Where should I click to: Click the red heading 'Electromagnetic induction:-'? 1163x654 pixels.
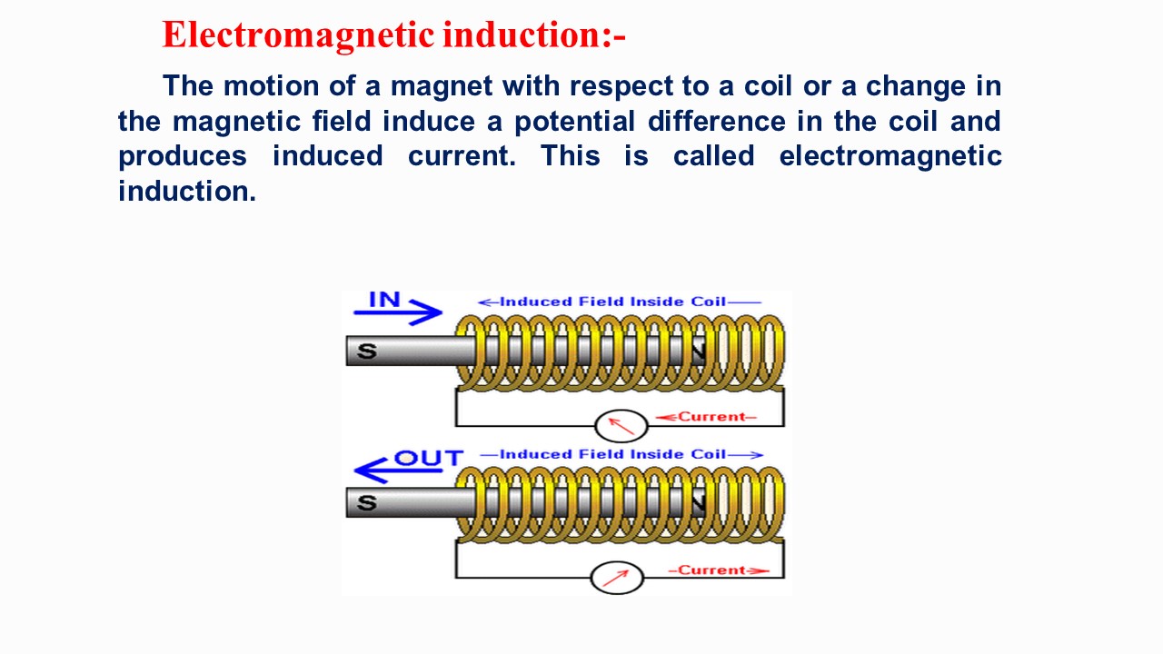tap(393, 35)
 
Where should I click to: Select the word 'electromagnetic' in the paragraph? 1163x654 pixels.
tap(890, 156)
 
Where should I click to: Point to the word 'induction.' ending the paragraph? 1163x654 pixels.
tap(187, 191)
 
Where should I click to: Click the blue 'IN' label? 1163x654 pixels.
tap(384, 299)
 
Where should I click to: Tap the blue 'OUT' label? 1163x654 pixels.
tap(428, 457)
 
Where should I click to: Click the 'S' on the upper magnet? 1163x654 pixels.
tap(366, 351)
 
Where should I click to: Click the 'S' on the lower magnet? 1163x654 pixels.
tap(366, 502)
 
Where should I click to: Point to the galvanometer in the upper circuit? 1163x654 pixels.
tap(621, 425)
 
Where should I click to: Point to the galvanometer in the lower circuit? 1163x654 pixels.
tap(617, 578)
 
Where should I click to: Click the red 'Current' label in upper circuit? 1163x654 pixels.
tap(711, 417)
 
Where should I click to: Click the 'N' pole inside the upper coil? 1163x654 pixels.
tap(698, 351)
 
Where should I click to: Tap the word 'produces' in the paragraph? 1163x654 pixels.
tap(182, 156)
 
